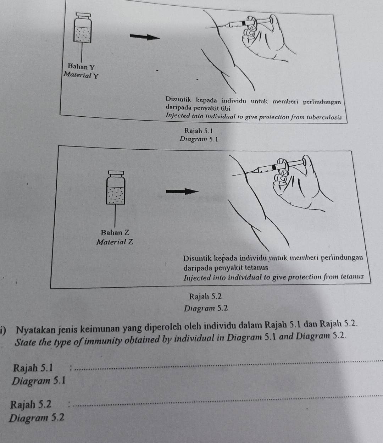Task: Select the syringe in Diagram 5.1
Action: [x=245, y=24]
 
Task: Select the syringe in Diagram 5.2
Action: [x=277, y=167]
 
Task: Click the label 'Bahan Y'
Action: [x=82, y=67]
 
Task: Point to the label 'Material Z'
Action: [x=115, y=242]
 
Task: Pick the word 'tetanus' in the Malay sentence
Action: [x=256, y=268]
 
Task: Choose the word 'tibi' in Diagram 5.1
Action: [x=226, y=108]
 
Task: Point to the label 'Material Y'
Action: [x=81, y=75]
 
